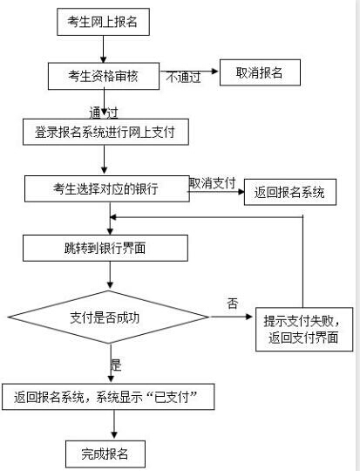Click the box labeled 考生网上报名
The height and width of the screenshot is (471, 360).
pyautogui.click(x=103, y=22)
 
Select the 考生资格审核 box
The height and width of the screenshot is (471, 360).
pyautogui.click(x=104, y=76)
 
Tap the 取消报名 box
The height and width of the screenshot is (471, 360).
pyautogui.click(x=260, y=72)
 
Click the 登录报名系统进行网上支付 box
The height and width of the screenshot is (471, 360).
pyautogui.click(x=105, y=132)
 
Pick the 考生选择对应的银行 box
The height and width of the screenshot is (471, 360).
pyautogui.click(x=107, y=188)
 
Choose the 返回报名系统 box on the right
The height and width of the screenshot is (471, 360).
pyautogui.click(x=290, y=192)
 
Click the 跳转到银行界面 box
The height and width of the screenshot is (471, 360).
pyautogui.click(x=105, y=248)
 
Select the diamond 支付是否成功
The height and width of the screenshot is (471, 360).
pyautogui.click(x=108, y=317)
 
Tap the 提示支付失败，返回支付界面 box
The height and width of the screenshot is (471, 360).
pyautogui.click(x=304, y=329)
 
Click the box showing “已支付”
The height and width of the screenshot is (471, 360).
pyautogui.click(x=108, y=397)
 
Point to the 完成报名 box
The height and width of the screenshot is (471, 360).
pyautogui.click(x=105, y=454)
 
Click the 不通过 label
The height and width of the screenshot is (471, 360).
pyautogui.click(x=183, y=78)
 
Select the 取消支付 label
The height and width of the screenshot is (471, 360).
pyautogui.click(x=213, y=183)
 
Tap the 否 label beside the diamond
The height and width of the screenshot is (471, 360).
pyautogui.click(x=233, y=303)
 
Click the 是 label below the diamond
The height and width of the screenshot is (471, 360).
pyautogui.click(x=116, y=365)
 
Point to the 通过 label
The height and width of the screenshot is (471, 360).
pyautogui.click(x=103, y=113)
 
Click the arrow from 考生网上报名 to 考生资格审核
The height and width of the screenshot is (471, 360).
pyautogui.click(x=103, y=49)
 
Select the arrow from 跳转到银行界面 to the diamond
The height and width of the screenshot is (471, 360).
pyautogui.click(x=110, y=275)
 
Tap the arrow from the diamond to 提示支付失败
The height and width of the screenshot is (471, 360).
pyautogui.click(x=231, y=317)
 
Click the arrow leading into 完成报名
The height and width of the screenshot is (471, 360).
pyautogui.click(x=114, y=424)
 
